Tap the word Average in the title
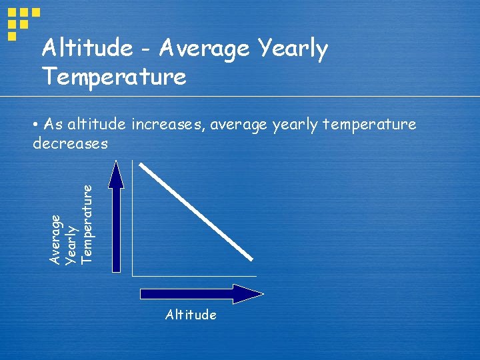pyautogui.click(x=205, y=49)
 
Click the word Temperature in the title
pyautogui.click(x=113, y=77)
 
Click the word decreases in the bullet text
pyautogui.click(x=70, y=143)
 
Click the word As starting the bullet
pyautogui.click(x=54, y=124)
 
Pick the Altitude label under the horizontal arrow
pyautogui.click(x=191, y=315)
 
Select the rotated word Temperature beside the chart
pyautogui.click(x=87, y=223)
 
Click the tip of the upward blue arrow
pyautogui.click(x=117, y=164)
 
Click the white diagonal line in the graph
pyautogui.click(x=197, y=212)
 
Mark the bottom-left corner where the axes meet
pyautogui.click(x=133, y=275)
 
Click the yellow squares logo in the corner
pyautogui.click(x=22, y=22)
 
